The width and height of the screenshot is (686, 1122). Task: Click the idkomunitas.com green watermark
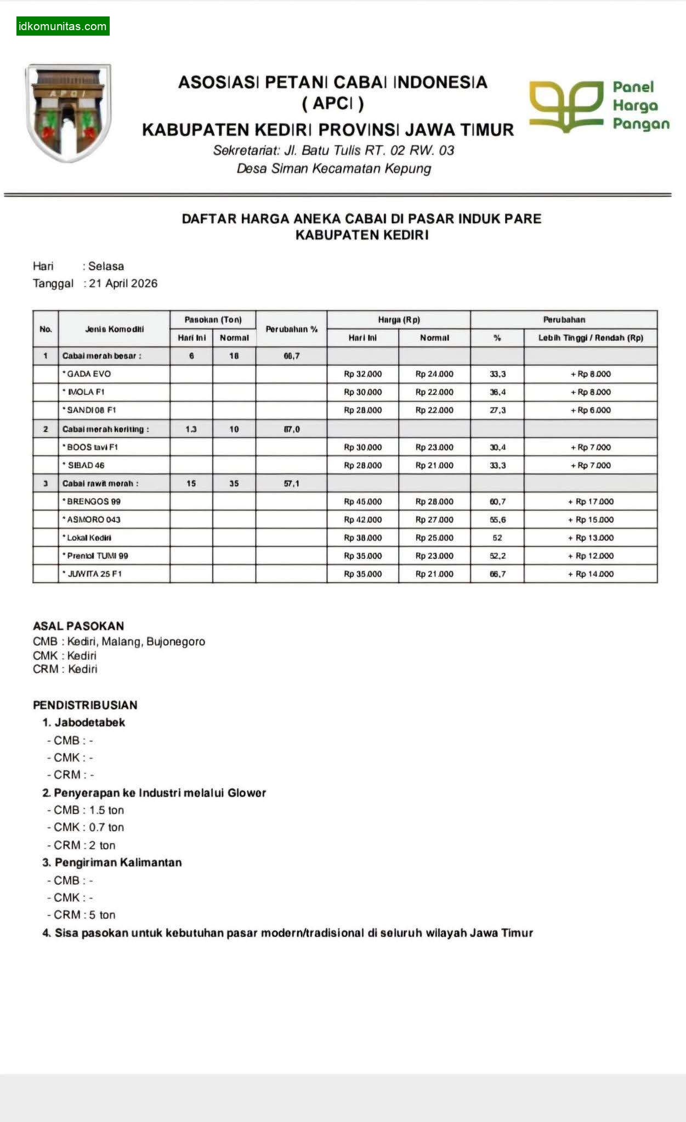[63, 26]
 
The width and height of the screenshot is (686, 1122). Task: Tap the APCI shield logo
[69, 112]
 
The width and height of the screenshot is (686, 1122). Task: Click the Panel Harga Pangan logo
[599, 106]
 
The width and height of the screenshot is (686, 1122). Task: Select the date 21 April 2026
[123, 283]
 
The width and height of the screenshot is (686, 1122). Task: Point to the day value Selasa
[106, 266]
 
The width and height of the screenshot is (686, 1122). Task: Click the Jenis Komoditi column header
[114, 329]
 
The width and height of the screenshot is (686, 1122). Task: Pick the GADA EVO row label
[89, 374]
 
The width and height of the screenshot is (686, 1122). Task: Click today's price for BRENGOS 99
[362, 501]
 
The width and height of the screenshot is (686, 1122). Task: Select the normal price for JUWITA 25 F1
[434, 574]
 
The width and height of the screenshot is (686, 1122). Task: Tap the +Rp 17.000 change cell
[591, 501]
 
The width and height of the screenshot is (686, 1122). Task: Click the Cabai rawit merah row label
[100, 483]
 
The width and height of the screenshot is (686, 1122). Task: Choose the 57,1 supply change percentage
[291, 483]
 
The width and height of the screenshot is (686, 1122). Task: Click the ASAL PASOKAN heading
[78, 626]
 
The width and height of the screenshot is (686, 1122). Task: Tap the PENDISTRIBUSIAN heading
[85, 705]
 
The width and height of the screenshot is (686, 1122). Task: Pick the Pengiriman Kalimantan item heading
[118, 862]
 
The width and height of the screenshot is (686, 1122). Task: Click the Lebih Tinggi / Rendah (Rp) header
[591, 337]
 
